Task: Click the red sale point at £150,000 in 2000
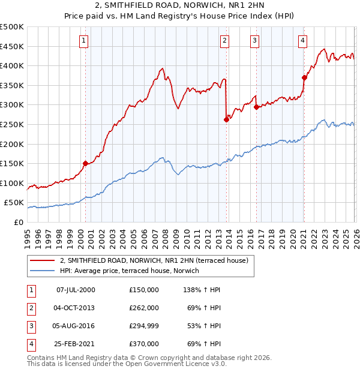pyautogui.click(x=85, y=163)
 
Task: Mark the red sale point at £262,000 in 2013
pyautogui.click(x=226, y=119)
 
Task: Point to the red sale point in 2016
pyautogui.click(x=256, y=107)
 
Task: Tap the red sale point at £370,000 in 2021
pyautogui.click(x=304, y=77)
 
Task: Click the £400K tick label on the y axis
pyautogui.click(x=12, y=65)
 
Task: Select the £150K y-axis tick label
pyautogui.click(x=12, y=163)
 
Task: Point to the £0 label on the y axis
pyautogui.click(x=18, y=222)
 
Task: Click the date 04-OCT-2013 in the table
pyautogui.click(x=75, y=308)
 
